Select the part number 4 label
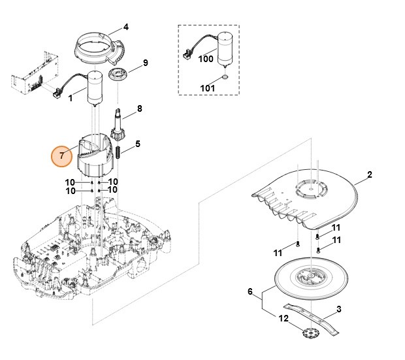click(126, 27)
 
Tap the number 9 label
click(145, 63)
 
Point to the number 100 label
click(206, 59)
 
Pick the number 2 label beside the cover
click(369, 175)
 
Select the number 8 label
click(139, 108)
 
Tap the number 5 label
click(137, 144)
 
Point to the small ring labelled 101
click(225, 77)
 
